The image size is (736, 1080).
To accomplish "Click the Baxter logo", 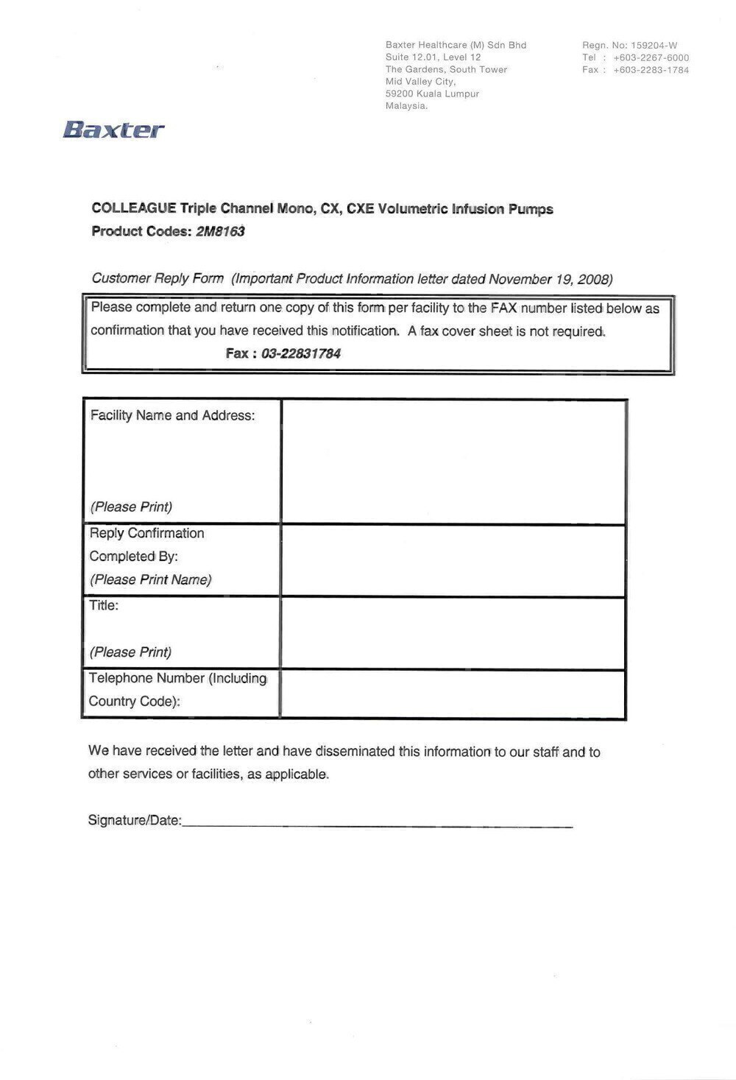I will pos(113,130).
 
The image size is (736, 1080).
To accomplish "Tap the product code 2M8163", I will pos(220,231).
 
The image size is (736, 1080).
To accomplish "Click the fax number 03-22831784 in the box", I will pos(296,353).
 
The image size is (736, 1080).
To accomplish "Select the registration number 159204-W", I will pos(654,45).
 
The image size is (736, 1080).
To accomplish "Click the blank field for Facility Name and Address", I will pos(453,462).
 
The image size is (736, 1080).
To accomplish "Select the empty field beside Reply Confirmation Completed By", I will pos(453,560).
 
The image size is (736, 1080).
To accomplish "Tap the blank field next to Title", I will pos(453,632).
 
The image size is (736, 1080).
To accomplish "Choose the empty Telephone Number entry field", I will pos(453,693).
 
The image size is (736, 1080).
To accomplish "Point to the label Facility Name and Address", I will pos(172,415).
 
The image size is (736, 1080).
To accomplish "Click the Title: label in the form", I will pos(104,605).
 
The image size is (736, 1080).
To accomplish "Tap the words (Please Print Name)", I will pos(150,579).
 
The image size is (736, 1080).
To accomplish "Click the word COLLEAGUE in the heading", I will pos(133,208).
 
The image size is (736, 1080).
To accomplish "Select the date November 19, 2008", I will pos(550,279).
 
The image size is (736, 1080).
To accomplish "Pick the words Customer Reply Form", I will pos(158,278).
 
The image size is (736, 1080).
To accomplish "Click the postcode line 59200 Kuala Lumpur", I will pos(432,93).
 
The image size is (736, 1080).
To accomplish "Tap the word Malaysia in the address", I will pos(406,106).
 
